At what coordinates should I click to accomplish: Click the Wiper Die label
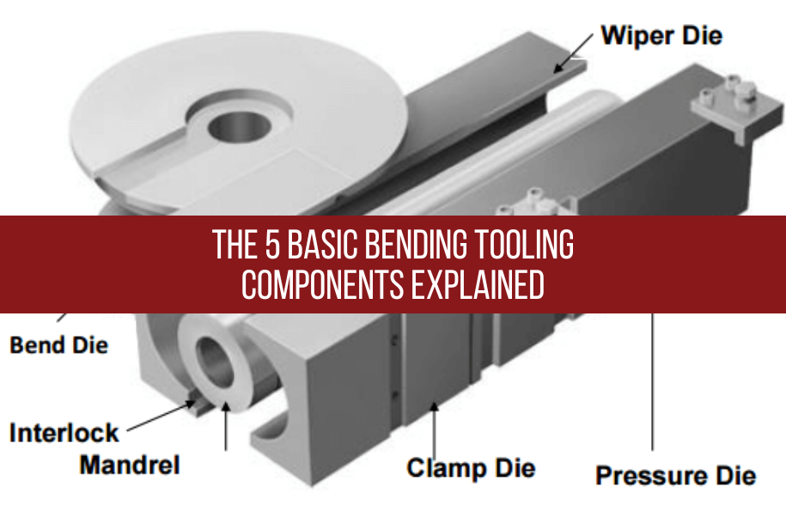point(661,36)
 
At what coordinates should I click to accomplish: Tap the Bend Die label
point(59,345)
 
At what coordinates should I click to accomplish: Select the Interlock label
point(64,432)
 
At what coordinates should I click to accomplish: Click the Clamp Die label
point(471,468)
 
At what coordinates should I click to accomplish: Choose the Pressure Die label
point(676,475)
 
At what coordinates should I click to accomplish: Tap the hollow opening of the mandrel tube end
point(215,362)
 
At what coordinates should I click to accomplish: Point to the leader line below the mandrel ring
point(226,429)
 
